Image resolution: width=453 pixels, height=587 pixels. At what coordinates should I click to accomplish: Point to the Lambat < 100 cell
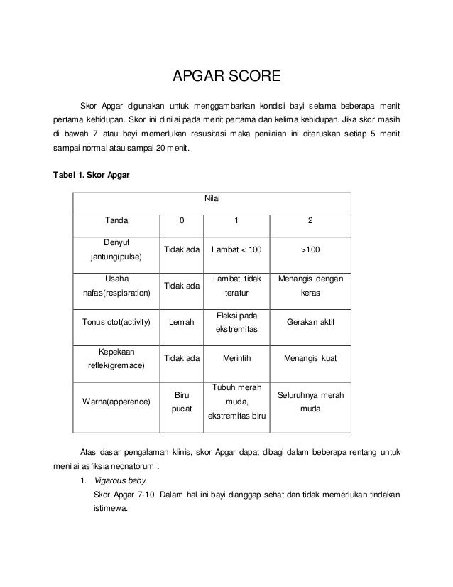pyautogui.click(x=236, y=250)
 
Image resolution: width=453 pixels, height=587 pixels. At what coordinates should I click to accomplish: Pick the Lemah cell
pyautogui.click(x=180, y=322)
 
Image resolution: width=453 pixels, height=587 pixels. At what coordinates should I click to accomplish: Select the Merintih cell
pyautogui.click(x=236, y=359)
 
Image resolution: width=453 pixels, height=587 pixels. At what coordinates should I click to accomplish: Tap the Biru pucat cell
pyautogui.click(x=180, y=402)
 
